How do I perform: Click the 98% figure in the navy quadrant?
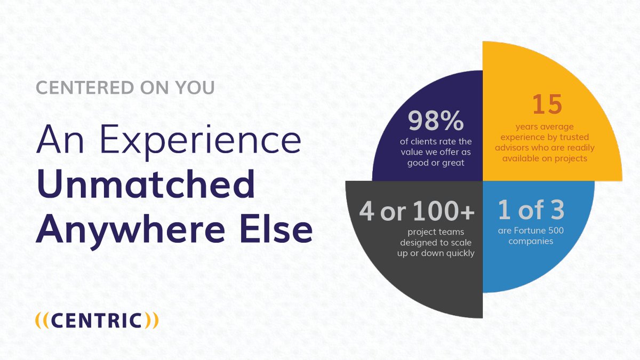436,122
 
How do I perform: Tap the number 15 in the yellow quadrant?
547,105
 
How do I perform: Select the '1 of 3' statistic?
531,211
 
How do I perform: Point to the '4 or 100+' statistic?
417,212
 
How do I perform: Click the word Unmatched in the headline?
146,186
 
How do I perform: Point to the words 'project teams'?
416,233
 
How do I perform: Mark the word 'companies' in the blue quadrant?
531,241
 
